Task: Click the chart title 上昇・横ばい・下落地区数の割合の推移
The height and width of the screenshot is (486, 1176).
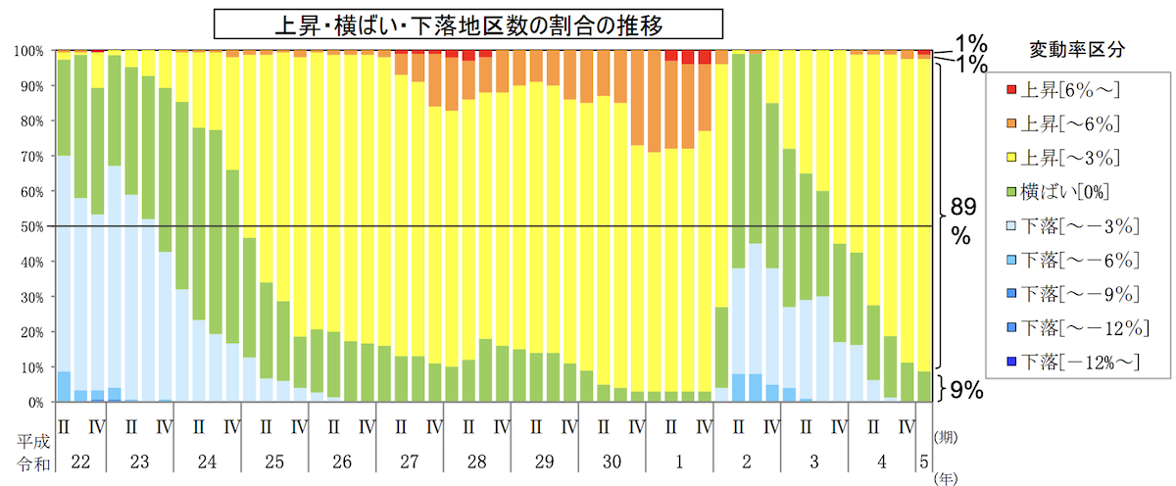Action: coord(468,24)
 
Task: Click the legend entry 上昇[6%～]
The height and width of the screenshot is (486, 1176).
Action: coord(1063,90)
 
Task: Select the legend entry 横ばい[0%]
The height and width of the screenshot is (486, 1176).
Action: coord(1057,192)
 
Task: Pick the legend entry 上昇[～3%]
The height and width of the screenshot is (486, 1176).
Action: coord(1063,158)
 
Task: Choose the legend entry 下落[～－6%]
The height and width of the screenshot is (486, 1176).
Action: coord(1073,260)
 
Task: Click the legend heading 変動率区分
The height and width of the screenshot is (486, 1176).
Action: coord(1077,49)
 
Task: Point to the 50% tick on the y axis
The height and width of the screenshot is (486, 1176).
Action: coord(32,226)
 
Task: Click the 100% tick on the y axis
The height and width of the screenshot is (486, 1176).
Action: coord(28,51)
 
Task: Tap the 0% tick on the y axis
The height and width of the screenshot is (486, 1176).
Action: coord(35,403)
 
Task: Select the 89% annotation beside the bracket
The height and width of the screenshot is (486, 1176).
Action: coord(962,221)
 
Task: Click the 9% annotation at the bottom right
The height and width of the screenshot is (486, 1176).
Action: coord(966,390)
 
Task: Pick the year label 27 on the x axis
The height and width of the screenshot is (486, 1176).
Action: coord(410,462)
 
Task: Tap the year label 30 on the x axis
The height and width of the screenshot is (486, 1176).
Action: coord(612,462)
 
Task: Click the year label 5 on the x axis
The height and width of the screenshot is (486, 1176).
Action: coord(924,462)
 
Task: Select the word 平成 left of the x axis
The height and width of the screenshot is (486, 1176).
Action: coord(33,441)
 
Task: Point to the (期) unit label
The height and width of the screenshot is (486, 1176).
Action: coord(946,437)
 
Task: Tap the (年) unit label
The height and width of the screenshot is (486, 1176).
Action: coord(946,479)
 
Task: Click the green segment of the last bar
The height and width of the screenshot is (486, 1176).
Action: coord(924,386)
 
